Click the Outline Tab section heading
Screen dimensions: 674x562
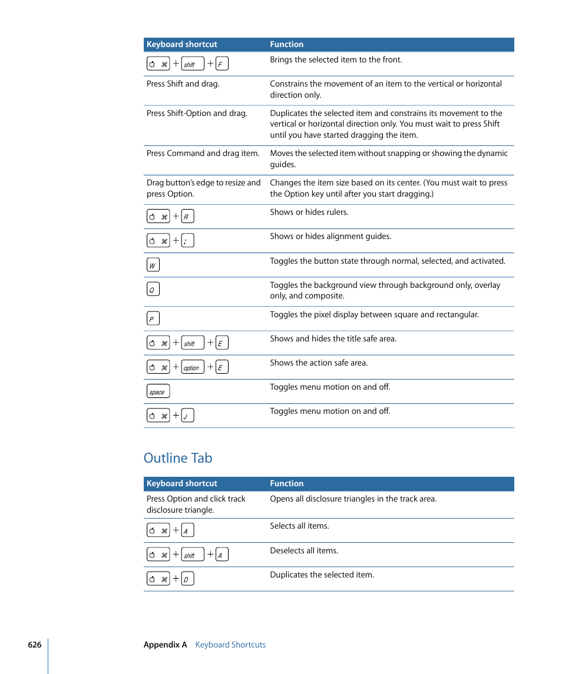pyautogui.click(x=178, y=458)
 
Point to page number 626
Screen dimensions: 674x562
pyautogui.click(x=35, y=645)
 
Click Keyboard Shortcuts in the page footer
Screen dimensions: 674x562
pyautogui.click(x=230, y=645)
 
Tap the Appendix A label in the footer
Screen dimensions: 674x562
pyautogui.click(x=165, y=645)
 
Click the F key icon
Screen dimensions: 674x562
pyautogui.click(x=222, y=64)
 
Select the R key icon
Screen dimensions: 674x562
pyautogui.click(x=187, y=217)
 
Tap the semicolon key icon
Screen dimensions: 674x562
pyautogui.click(x=187, y=241)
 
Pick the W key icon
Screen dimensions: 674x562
pyautogui.click(x=153, y=265)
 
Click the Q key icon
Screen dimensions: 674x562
pyautogui.click(x=153, y=289)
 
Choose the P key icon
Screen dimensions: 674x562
pyautogui.click(x=153, y=318)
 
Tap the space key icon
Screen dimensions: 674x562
pyautogui.click(x=158, y=391)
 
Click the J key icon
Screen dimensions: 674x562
pyautogui.click(x=187, y=416)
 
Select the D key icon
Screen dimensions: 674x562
pyautogui.click(x=187, y=579)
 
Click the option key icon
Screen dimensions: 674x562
pyautogui.click(x=192, y=367)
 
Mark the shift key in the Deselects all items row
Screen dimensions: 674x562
pyautogui.click(x=192, y=555)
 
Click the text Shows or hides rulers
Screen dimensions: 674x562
pyautogui.click(x=309, y=212)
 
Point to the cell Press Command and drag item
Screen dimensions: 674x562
pyautogui.click(x=203, y=153)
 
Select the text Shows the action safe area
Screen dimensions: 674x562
pyautogui.click(x=319, y=363)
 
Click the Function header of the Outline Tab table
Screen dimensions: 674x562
pyautogui.click(x=287, y=483)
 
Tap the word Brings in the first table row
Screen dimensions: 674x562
pyautogui.click(x=281, y=59)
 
